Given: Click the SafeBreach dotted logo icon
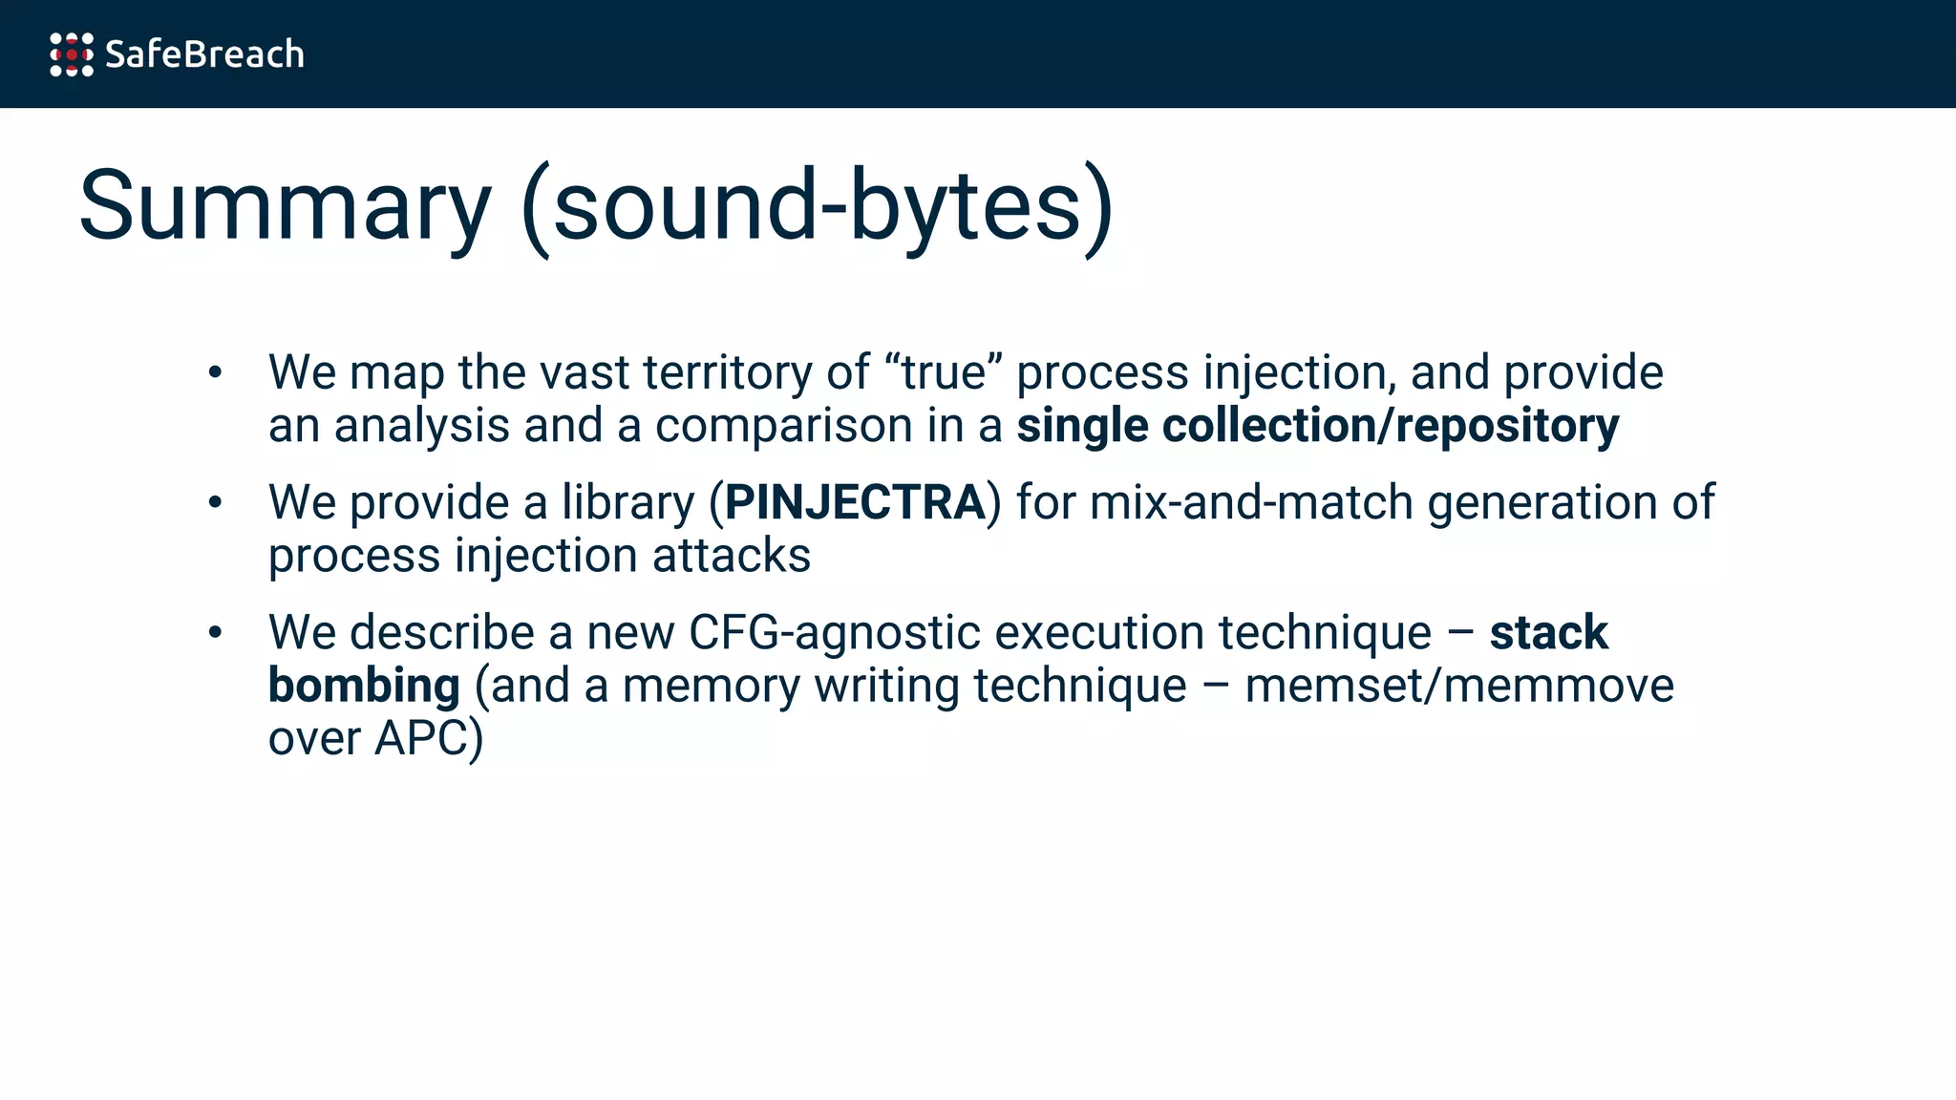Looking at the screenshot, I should tap(72, 54).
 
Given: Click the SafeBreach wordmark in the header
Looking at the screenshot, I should tap(204, 54).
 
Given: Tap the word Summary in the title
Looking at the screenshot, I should tap(285, 206).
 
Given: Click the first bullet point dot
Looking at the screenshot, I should tap(215, 372).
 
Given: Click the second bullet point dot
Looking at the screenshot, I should tap(215, 502).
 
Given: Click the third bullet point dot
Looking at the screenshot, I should tap(215, 632).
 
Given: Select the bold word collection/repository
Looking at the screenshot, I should tap(1390, 426).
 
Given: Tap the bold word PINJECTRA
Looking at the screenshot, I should tap(855, 502).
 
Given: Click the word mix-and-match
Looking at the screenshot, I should tap(1251, 502).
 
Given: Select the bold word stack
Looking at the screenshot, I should tap(1548, 632).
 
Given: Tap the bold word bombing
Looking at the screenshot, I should tap(364, 686).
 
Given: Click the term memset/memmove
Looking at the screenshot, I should tap(1459, 686).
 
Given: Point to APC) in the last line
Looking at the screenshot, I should tap(429, 738).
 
